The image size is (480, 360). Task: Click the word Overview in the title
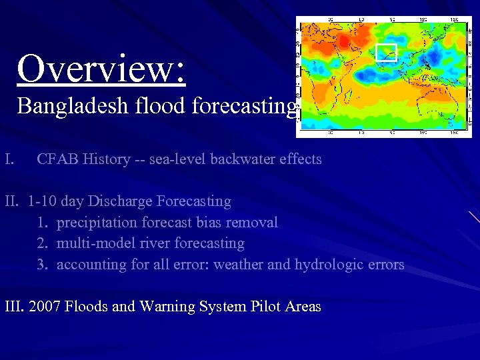[100, 68]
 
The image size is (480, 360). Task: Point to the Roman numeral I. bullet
[9, 159]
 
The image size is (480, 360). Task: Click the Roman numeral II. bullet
[13, 201]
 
